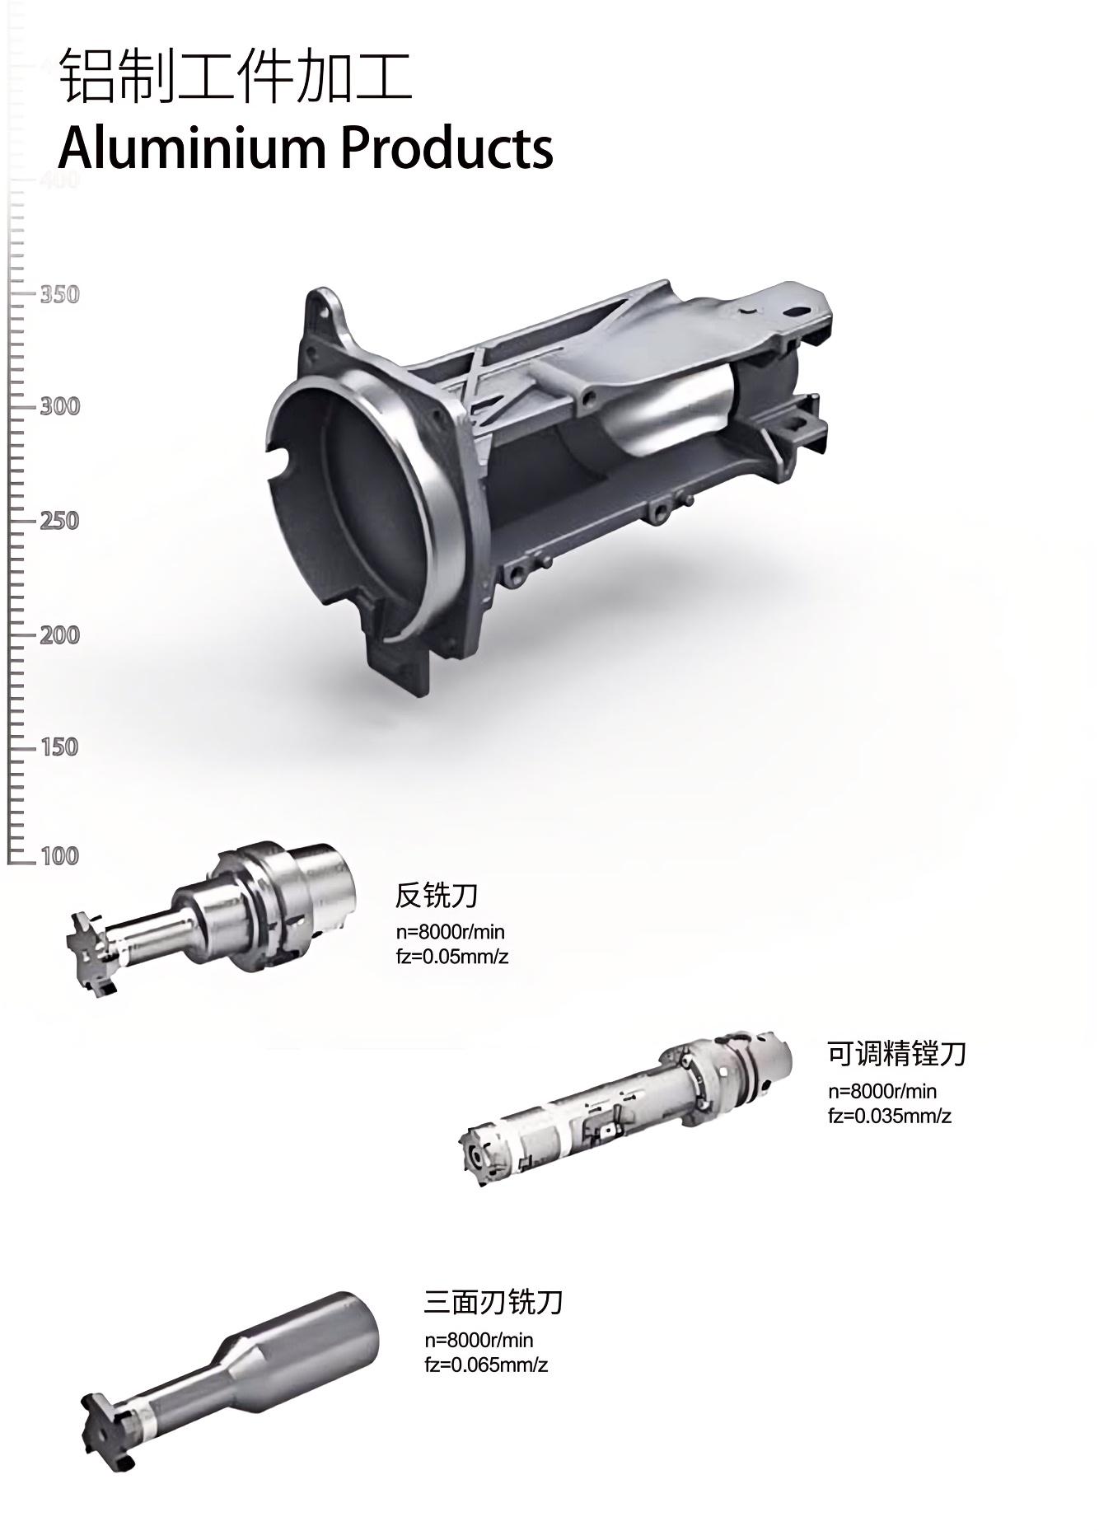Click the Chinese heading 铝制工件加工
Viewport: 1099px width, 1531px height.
point(236,77)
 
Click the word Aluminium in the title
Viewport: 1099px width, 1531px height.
point(193,148)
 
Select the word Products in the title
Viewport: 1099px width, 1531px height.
point(446,148)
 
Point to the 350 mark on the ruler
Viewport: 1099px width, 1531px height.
point(59,294)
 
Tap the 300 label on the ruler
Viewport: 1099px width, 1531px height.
point(59,406)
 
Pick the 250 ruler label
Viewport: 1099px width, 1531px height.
point(59,521)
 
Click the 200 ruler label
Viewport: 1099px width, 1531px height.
point(59,635)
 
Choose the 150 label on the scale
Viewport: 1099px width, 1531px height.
point(59,747)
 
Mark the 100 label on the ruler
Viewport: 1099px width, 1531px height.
point(59,856)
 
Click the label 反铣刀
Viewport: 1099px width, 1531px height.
point(437,895)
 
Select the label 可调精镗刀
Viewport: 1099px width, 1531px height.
point(896,1054)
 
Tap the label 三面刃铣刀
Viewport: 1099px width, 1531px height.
point(493,1303)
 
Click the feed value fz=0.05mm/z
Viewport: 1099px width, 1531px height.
point(452,957)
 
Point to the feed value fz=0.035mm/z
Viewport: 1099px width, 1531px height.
point(890,1117)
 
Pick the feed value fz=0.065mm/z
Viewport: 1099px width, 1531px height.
point(486,1365)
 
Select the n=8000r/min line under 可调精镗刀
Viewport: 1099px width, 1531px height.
point(882,1092)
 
